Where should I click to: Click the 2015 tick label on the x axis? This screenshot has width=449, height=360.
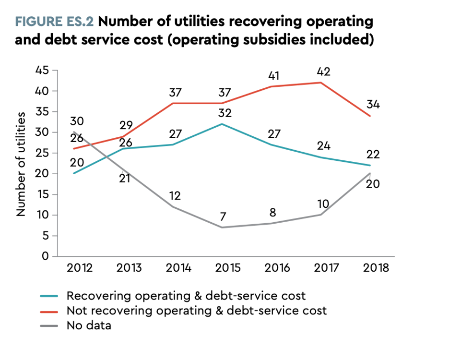point(228,268)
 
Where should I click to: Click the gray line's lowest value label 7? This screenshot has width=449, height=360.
point(223,217)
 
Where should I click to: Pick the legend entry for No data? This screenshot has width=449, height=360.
point(89,325)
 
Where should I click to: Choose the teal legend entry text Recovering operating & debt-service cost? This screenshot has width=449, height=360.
point(186,295)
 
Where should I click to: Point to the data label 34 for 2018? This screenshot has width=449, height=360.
point(373,104)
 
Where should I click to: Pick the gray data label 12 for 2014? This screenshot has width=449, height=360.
point(176,196)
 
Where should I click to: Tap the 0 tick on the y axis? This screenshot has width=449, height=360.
point(46,257)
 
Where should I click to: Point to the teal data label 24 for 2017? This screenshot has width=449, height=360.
point(324,145)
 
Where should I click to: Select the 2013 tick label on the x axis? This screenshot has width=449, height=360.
point(129,268)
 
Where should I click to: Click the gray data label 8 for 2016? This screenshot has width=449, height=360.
point(273,212)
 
